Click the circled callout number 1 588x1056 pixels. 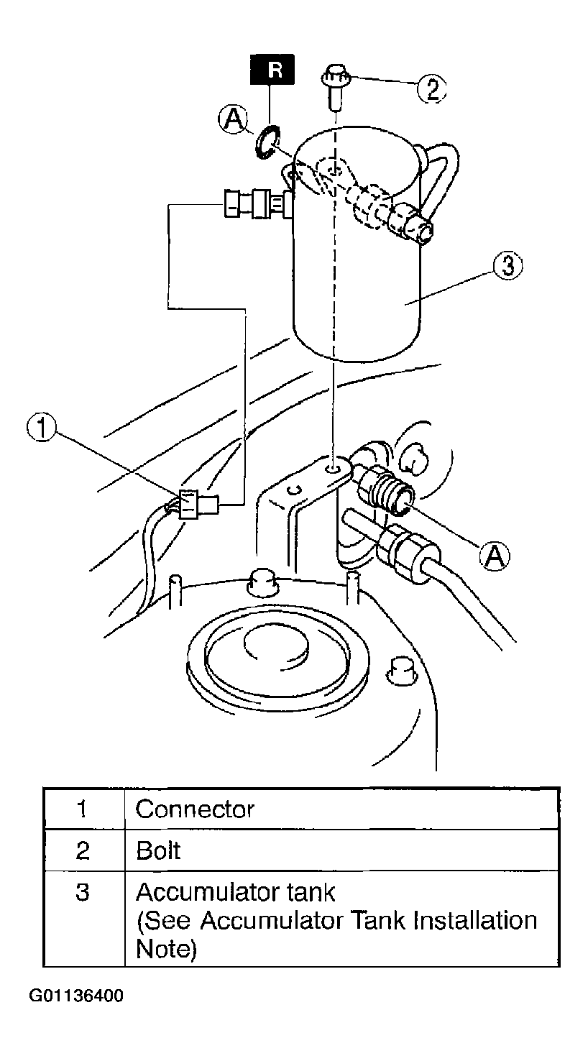(42, 428)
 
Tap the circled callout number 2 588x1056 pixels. (432, 88)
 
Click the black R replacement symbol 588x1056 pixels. (272, 70)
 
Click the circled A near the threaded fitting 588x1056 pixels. (495, 556)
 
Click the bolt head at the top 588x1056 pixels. (335, 76)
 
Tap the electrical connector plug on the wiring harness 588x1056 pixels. (198, 505)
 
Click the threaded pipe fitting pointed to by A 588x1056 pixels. (387, 490)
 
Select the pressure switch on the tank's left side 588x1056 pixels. (258, 203)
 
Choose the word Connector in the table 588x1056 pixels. (195, 809)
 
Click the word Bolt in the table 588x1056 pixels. (158, 851)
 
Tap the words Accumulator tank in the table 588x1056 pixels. (235, 892)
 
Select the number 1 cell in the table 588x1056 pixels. (84, 809)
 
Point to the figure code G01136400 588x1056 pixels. (76, 995)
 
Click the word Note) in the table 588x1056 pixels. (166, 949)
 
